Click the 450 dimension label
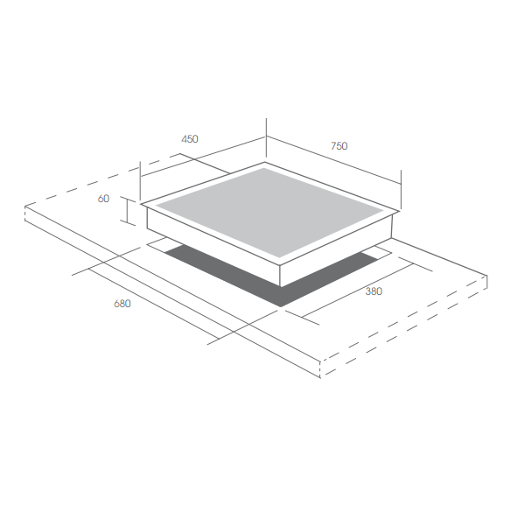(190, 139)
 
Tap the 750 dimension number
(339, 146)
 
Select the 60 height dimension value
(103, 199)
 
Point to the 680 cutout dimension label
(122, 304)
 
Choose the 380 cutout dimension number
(374, 291)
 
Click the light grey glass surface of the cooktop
(269, 213)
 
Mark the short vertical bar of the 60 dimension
(127, 210)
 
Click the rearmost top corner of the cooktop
(264, 163)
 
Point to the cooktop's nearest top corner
(280, 265)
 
